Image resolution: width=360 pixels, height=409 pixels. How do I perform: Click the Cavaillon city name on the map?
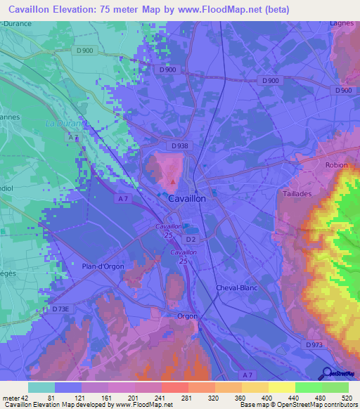(188, 199)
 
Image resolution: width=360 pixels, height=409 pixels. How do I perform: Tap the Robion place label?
(336, 166)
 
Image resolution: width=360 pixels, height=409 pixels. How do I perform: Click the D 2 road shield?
(192, 240)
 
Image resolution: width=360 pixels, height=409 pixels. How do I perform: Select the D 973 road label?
(316, 344)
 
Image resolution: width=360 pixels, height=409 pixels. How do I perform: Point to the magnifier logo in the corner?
(326, 372)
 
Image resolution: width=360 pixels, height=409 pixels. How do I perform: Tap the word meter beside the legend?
(12, 397)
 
